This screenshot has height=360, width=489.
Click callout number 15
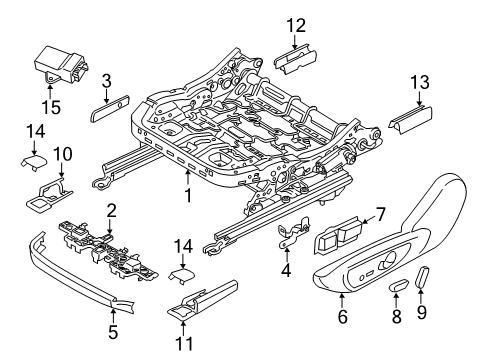[49, 106]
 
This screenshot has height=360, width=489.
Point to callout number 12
[293, 26]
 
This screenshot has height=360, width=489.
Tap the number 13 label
[420, 82]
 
